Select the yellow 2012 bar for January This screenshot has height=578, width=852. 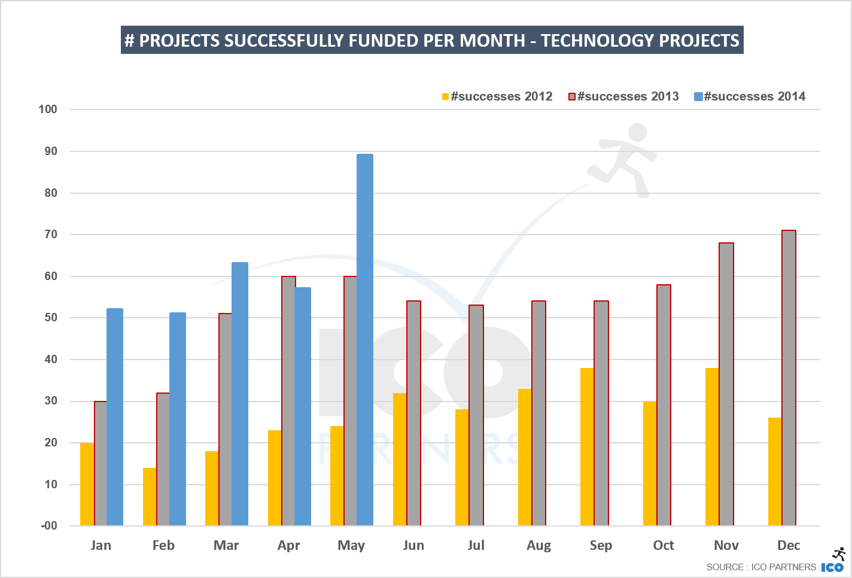(x=87, y=484)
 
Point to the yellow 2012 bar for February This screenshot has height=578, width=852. (x=150, y=497)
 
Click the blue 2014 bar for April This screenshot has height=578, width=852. (x=303, y=406)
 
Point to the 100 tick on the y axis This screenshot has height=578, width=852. (x=48, y=109)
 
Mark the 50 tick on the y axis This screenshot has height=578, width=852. (x=50, y=318)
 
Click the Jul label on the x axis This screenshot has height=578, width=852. (x=476, y=545)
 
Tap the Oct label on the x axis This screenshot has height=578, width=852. (x=664, y=545)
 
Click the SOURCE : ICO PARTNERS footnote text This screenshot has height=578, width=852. (x=761, y=567)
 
